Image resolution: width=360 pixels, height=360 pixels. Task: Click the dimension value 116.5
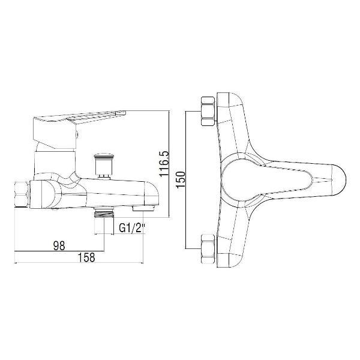[164, 163]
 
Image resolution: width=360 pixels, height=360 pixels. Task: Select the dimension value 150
[181, 179]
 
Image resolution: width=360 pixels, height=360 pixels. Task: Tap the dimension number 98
[59, 245]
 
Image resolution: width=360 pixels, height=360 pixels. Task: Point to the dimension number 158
[86, 257]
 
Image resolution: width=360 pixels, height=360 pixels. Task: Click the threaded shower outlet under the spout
[104, 213]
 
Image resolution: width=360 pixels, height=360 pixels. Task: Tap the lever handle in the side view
[79, 128]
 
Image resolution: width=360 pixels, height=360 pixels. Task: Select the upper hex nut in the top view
[208, 111]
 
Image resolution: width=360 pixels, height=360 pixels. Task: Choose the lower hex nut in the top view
[208, 249]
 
